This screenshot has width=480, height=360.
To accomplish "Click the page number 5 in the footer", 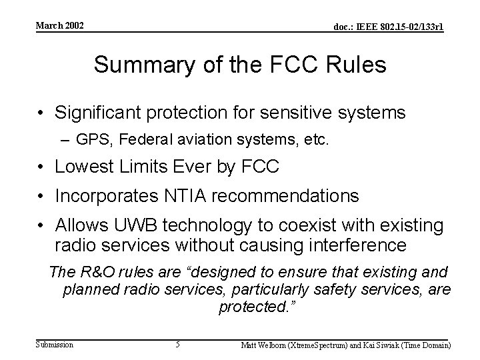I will coord(177,345).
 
